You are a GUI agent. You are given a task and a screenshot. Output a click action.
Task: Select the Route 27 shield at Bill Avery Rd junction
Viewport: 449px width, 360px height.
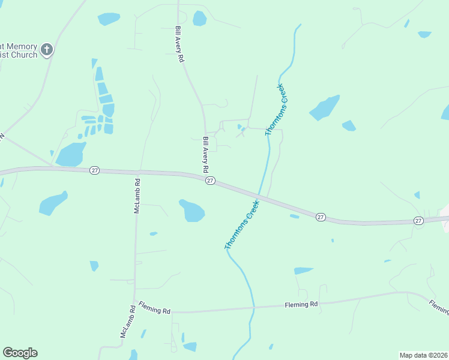(x=210, y=181)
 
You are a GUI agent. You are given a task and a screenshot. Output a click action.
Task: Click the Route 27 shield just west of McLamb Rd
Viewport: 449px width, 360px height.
(x=94, y=170)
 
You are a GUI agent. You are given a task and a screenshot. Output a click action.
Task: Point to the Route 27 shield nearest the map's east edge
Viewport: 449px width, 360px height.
(x=418, y=221)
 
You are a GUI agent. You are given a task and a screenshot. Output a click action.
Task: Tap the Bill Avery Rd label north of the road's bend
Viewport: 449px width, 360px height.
(x=178, y=44)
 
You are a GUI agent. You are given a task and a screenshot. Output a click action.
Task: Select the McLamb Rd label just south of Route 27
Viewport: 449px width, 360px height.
(x=137, y=196)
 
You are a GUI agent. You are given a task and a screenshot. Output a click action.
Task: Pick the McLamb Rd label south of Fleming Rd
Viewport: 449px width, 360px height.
(x=126, y=322)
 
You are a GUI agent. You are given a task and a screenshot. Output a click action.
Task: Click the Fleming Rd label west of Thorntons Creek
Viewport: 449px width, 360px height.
(x=154, y=309)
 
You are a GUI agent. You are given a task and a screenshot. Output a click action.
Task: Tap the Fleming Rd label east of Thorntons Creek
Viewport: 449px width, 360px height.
(x=301, y=305)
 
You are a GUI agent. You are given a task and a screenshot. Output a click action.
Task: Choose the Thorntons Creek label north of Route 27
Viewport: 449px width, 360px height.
(x=277, y=110)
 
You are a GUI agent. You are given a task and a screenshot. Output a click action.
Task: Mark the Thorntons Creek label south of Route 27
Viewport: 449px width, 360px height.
(x=241, y=225)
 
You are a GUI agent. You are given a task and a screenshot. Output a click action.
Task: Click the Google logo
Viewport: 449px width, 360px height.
(x=20, y=353)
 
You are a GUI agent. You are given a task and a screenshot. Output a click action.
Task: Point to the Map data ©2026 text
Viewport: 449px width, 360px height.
(x=423, y=355)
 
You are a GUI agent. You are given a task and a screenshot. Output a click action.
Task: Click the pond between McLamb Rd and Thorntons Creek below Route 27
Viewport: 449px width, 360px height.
(x=192, y=211)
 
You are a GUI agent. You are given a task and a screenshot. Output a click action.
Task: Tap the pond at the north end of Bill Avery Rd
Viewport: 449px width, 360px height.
(x=199, y=19)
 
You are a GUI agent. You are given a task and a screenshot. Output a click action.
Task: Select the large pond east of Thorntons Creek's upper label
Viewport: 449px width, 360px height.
(x=325, y=107)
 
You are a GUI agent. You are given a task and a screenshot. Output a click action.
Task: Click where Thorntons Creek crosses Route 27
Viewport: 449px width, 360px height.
(x=259, y=197)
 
